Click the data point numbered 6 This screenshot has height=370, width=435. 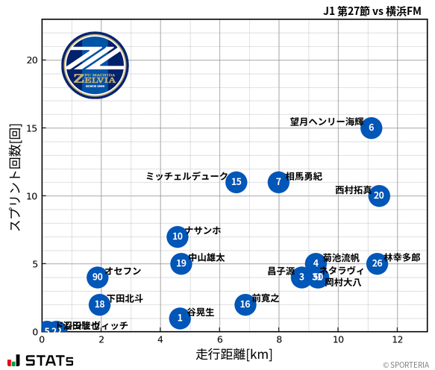click(x=371, y=128)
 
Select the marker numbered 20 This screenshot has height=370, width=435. click(x=378, y=196)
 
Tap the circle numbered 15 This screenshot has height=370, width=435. click(x=237, y=182)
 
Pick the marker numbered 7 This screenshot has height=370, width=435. click(x=278, y=182)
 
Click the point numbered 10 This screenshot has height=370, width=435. click(x=177, y=237)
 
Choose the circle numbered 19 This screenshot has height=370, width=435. click(x=181, y=263)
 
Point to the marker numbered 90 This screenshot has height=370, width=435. click(x=97, y=277)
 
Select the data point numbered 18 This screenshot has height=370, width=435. click(x=100, y=304)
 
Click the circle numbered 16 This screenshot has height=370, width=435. click(x=245, y=304)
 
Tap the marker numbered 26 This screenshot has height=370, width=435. click(x=378, y=263)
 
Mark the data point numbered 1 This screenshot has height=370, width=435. click(x=180, y=319)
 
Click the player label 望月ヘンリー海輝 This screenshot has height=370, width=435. click(x=327, y=122)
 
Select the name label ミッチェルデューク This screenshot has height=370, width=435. click(x=187, y=176)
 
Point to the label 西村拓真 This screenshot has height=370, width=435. click(x=353, y=190)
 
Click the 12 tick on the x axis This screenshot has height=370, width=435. click(x=397, y=341)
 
